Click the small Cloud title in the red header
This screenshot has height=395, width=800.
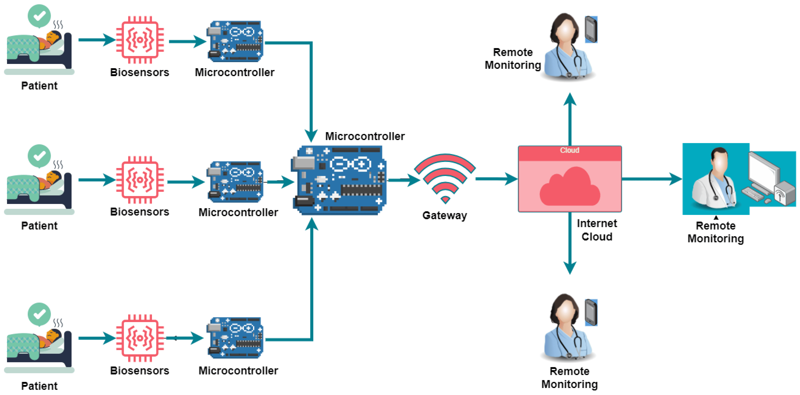tap(569, 150)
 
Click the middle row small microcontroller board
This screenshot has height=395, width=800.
tap(235, 181)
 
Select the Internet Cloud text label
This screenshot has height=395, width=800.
tap(597, 230)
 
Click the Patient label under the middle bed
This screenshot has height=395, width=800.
tap(39, 226)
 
